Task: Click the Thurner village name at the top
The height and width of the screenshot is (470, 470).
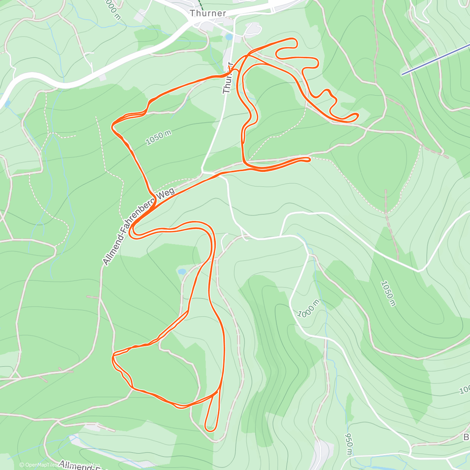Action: coord(208,13)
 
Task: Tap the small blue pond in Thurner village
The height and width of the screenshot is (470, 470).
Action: coord(229,37)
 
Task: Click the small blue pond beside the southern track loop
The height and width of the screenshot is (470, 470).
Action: coord(182,271)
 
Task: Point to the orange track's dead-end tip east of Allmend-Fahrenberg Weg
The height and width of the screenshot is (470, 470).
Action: coord(309,159)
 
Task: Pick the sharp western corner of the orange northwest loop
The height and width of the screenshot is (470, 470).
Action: coord(113,125)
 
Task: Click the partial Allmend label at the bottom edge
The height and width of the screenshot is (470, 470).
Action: coord(84,466)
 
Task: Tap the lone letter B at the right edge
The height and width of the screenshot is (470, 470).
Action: coord(466,437)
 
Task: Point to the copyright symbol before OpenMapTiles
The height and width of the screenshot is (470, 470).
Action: coord(22,465)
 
